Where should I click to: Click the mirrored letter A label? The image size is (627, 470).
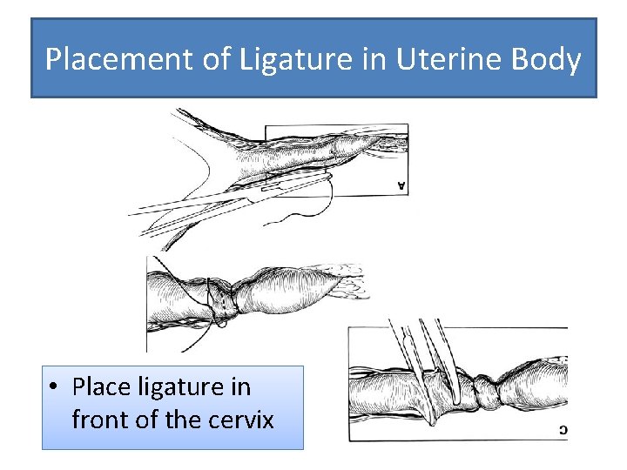click(x=401, y=185)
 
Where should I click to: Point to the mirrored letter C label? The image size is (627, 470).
click(x=563, y=429)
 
